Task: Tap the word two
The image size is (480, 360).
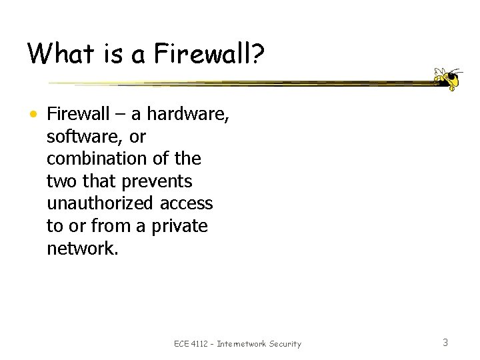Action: click(61, 181)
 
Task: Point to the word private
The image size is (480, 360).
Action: click(180, 226)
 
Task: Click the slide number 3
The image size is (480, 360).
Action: click(445, 343)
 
